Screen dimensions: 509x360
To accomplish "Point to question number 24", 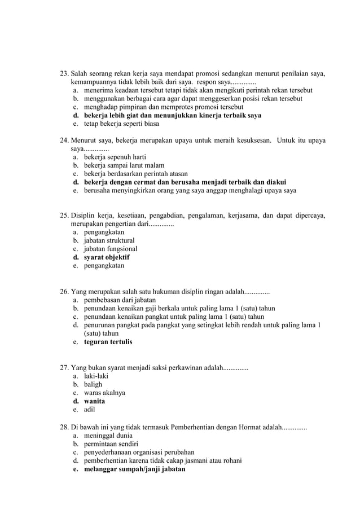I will pyautogui.click(x=64, y=141).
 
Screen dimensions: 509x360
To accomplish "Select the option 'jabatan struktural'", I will pyautogui.click(x=109, y=240).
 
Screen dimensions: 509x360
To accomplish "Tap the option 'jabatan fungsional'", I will pyautogui.click(x=111, y=249).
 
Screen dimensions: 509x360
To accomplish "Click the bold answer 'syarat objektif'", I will pyautogui.click(x=107, y=257).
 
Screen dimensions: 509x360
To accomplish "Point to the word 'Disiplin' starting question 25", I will pyautogui.click(x=85, y=216).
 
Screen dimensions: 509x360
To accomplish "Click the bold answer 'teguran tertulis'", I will pyautogui.click(x=108, y=341).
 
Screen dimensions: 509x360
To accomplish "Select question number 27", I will pyautogui.click(x=64, y=368).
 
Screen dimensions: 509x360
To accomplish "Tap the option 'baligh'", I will pyautogui.click(x=93, y=385).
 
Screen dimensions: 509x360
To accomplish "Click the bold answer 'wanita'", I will pyautogui.click(x=94, y=402).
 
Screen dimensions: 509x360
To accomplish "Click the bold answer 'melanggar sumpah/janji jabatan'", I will pyautogui.click(x=134, y=469).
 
